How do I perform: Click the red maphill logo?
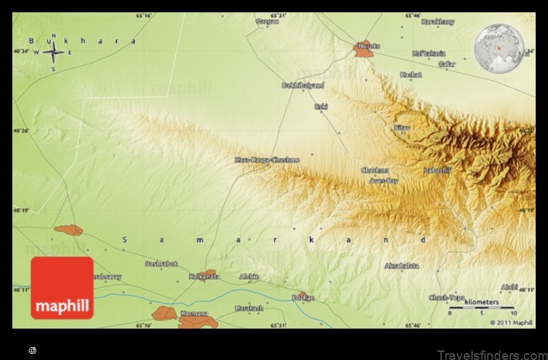coord(62,287)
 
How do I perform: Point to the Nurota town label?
coord(367,46)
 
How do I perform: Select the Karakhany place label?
coord(438,22)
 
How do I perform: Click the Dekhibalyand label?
coord(303,86)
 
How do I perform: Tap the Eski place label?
coord(321,106)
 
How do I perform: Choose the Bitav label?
coord(401,127)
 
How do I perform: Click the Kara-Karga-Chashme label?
coord(267,159)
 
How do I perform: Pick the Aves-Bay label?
coord(384,181)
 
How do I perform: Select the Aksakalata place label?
coord(402,266)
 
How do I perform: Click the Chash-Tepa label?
coord(447,297)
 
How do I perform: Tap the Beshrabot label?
coord(161,263)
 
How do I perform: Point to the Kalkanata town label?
coord(204,277)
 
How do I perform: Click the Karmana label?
coord(189,313)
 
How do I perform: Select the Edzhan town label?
coord(303,298)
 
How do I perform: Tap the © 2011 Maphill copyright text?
coord(511,322)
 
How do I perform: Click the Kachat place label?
coord(411,74)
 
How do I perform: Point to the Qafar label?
coord(447,64)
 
